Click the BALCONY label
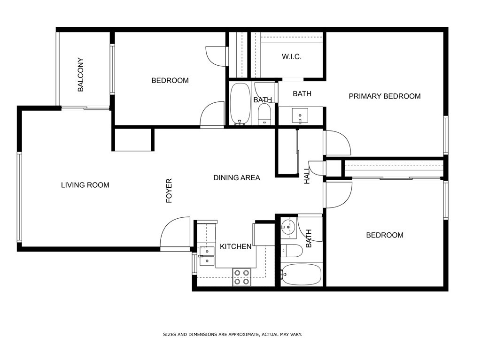(x=80, y=75)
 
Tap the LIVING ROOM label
(x=85, y=185)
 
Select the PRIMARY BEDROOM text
(x=385, y=96)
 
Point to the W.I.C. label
(x=291, y=57)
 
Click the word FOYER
(x=169, y=191)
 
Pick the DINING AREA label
(x=237, y=177)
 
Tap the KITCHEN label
(x=236, y=246)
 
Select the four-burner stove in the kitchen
(x=242, y=277)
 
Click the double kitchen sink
(x=207, y=256)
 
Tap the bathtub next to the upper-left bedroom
(x=240, y=104)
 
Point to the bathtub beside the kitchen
(x=302, y=275)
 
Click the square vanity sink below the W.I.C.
(x=300, y=115)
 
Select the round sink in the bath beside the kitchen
(x=288, y=227)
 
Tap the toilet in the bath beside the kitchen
(x=292, y=251)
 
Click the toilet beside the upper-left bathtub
(x=264, y=114)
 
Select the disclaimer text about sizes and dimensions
(x=232, y=335)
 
